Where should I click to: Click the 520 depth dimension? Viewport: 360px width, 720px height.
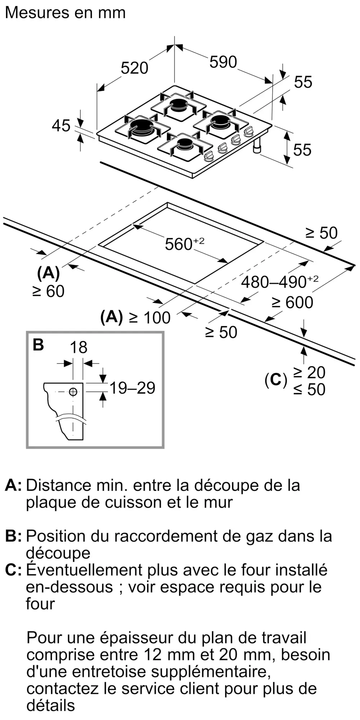[134, 68]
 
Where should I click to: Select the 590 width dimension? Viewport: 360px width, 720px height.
[223, 62]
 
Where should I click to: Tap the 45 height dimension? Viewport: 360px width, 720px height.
[61, 126]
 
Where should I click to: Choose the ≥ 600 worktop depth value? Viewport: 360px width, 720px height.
[292, 302]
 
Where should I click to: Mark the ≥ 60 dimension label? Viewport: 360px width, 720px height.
[48, 291]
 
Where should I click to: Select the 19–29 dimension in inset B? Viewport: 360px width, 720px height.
[132, 388]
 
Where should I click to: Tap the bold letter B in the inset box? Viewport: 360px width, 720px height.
[38, 345]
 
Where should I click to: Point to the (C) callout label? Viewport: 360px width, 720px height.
[276, 380]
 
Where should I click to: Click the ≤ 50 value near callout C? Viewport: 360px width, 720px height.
[309, 389]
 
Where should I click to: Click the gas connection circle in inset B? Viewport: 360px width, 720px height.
[73, 392]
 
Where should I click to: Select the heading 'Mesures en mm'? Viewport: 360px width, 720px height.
[65, 13]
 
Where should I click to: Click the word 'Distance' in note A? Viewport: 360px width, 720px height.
[58, 485]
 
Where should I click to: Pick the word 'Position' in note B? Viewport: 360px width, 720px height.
[57, 536]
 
